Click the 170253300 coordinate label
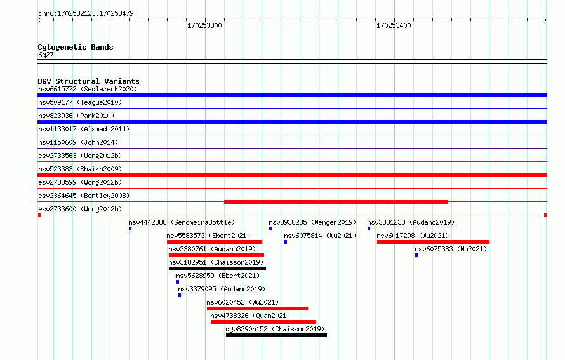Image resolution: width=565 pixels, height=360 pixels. pyautogui.click(x=204, y=25)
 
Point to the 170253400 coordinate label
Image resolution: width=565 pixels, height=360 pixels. pyautogui.click(x=394, y=25)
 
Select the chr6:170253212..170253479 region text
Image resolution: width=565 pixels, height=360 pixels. pyautogui.click(x=86, y=14)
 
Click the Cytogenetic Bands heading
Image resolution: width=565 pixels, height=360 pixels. pyautogui.click(x=76, y=47)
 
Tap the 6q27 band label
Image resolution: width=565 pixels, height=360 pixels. pyautogui.click(x=46, y=55)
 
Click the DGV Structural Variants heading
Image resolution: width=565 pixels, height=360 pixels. pyautogui.click(x=89, y=81)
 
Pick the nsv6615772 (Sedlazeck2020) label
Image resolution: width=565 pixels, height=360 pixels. pyautogui.click(x=88, y=89)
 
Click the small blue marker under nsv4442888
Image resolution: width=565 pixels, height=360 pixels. pyautogui.click(x=130, y=229)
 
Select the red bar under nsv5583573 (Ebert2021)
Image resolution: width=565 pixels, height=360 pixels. pyautogui.click(x=215, y=242)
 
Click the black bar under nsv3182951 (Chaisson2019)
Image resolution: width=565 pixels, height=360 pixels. pyautogui.click(x=217, y=269)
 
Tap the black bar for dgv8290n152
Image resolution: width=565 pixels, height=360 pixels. pyautogui.click(x=276, y=335)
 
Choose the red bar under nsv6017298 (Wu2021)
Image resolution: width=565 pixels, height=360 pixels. pyautogui.click(x=433, y=242)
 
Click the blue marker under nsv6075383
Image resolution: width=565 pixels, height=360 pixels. pyautogui.click(x=416, y=255)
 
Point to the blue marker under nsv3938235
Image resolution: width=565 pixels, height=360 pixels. pyautogui.click(x=270, y=229)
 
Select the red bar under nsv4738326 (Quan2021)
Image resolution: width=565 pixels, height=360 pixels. pyautogui.click(x=263, y=322)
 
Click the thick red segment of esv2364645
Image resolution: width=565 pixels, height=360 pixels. pyautogui.click(x=336, y=202)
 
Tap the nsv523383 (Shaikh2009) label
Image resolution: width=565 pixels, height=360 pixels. pyautogui.click(x=80, y=169)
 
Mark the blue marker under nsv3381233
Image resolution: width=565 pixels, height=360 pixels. pyautogui.click(x=369, y=229)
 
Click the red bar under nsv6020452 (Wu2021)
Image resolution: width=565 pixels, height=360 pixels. pyautogui.click(x=257, y=309)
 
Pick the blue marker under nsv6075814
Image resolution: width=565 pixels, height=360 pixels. pyautogui.click(x=286, y=242)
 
